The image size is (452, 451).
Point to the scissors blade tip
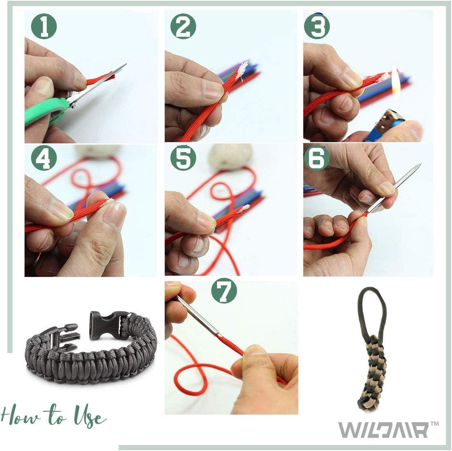(x=125, y=65)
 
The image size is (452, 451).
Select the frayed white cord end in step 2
(x=244, y=68)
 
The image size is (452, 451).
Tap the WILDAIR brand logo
(x=383, y=430)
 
